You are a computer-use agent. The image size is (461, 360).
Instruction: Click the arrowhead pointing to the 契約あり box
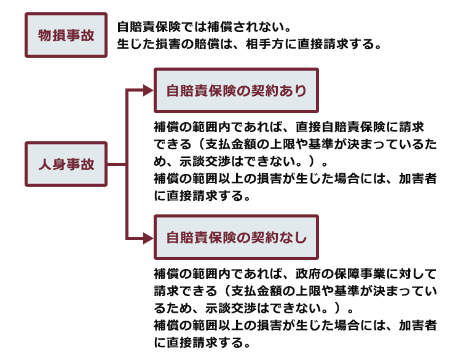pos(149,90)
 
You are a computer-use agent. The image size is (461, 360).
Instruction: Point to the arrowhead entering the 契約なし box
pos(149,238)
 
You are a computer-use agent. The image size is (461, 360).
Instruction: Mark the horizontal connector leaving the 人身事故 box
pos(117,164)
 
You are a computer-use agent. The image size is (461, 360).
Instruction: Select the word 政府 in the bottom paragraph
pos(308,274)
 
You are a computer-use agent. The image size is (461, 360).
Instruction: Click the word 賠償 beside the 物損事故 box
pos(207,44)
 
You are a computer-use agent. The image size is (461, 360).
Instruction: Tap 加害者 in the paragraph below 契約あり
pos(417,178)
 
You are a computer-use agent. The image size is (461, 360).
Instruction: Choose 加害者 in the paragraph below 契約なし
pos(417,326)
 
